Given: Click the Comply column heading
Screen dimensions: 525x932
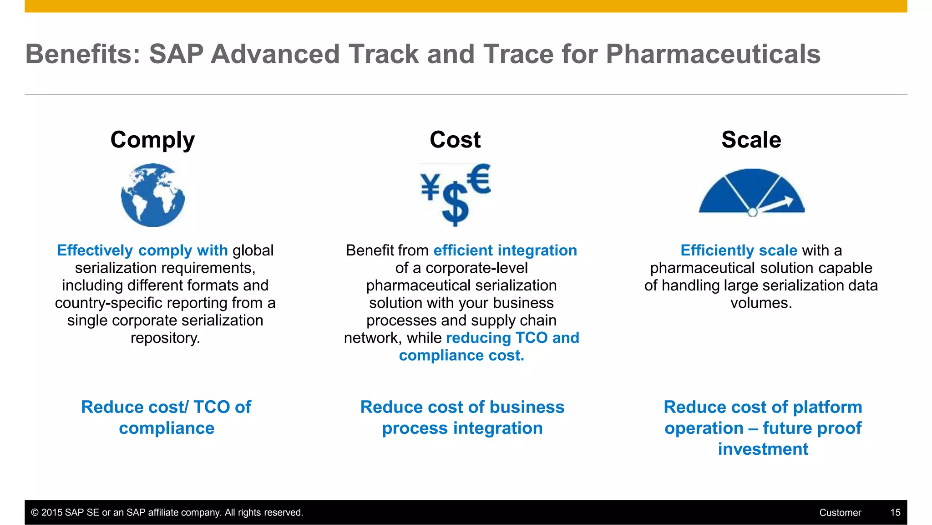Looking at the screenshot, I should coord(152,140).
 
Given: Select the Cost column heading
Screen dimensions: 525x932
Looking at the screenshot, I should coord(455,140).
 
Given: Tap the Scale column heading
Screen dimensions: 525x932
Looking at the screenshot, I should coord(751,140).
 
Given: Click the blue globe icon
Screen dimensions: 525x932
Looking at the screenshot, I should coord(153,195).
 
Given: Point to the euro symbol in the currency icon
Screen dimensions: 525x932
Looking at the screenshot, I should coord(479,178).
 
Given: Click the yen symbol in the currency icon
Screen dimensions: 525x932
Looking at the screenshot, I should coord(430,187).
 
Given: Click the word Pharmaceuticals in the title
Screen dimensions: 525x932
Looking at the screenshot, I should coord(713,54).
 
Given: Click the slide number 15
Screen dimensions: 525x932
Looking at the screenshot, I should coord(895,513).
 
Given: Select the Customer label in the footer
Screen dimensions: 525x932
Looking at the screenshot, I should coord(840,513).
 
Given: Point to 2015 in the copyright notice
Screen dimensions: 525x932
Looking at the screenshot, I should coord(52,513).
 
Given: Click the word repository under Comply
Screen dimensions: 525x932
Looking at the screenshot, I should coord(165,338).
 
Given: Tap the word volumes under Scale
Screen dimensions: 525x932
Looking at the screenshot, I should coord(761,303).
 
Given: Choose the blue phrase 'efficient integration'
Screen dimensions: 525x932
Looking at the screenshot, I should coord(505,250).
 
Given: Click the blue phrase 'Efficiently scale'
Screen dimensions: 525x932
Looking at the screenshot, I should coord(739,250).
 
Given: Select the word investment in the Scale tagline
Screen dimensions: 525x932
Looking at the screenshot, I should coord(763,449).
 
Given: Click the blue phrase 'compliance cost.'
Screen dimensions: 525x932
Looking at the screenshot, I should coord(461,356).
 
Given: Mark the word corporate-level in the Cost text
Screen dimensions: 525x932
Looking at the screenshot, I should coord(476,268).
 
